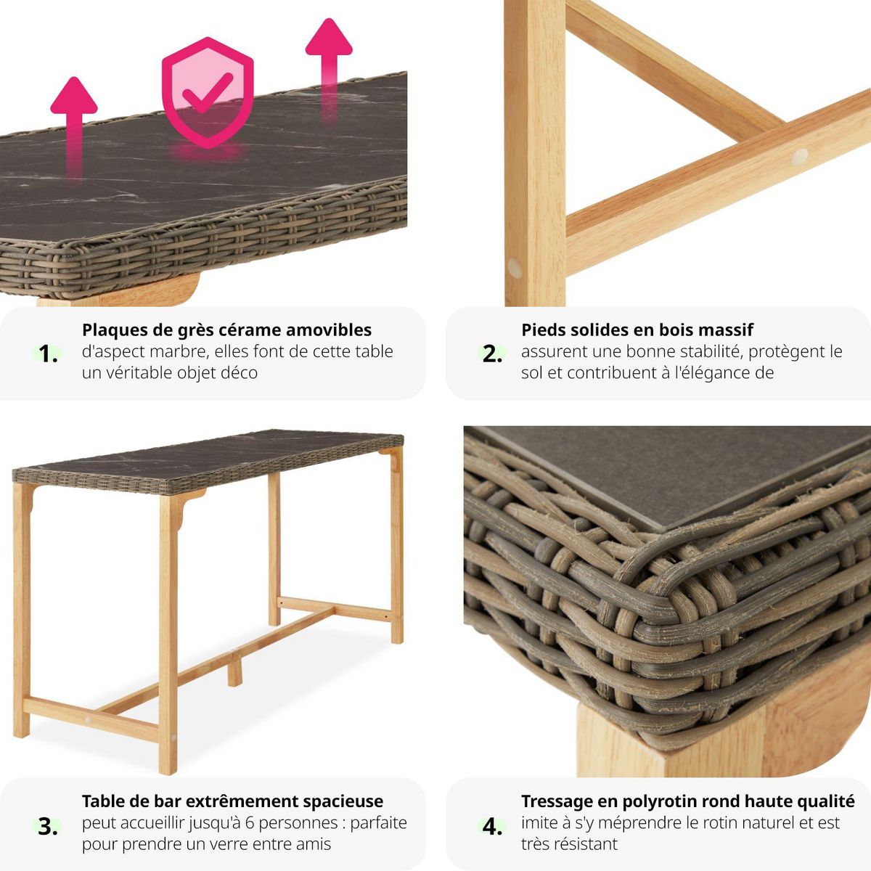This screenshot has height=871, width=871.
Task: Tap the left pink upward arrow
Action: (x=73, y=116)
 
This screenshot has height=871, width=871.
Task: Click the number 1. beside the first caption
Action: (x=49, y=354)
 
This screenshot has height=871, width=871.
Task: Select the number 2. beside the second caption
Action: (x=493, y=354)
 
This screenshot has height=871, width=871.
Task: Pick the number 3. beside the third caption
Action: (x=48, y=826)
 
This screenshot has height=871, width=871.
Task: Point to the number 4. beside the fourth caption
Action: (x=493, y=826)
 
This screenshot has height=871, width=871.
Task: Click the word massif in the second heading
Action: (x=727, y=330)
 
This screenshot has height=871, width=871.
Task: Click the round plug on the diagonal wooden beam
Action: (x=799, y=155)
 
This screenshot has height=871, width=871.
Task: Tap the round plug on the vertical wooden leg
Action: (x=515, y=268)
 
